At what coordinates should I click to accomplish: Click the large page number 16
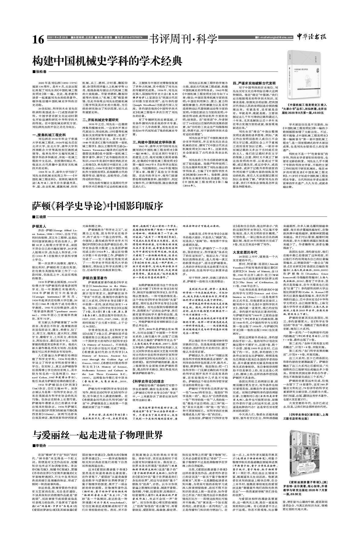(39, 40)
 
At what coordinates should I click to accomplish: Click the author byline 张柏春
(42, 72)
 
